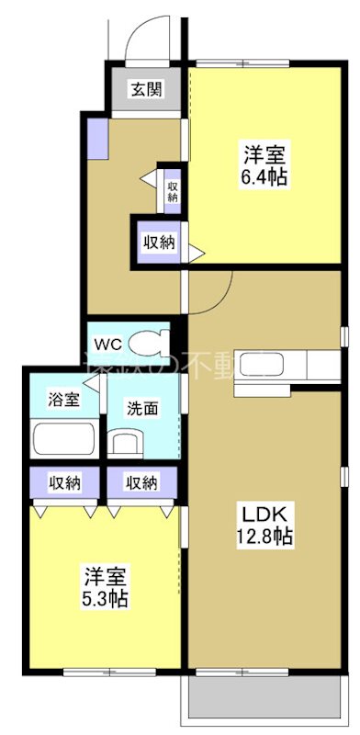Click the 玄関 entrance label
tap(146, 89)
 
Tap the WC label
tap(108, 345)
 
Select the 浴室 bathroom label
tap(64, 400)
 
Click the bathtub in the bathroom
tap(65, 438)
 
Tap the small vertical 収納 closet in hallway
tap(172, 187)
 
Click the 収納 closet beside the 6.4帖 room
tap(157, 243)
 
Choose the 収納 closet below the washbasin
tap(141, 482)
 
